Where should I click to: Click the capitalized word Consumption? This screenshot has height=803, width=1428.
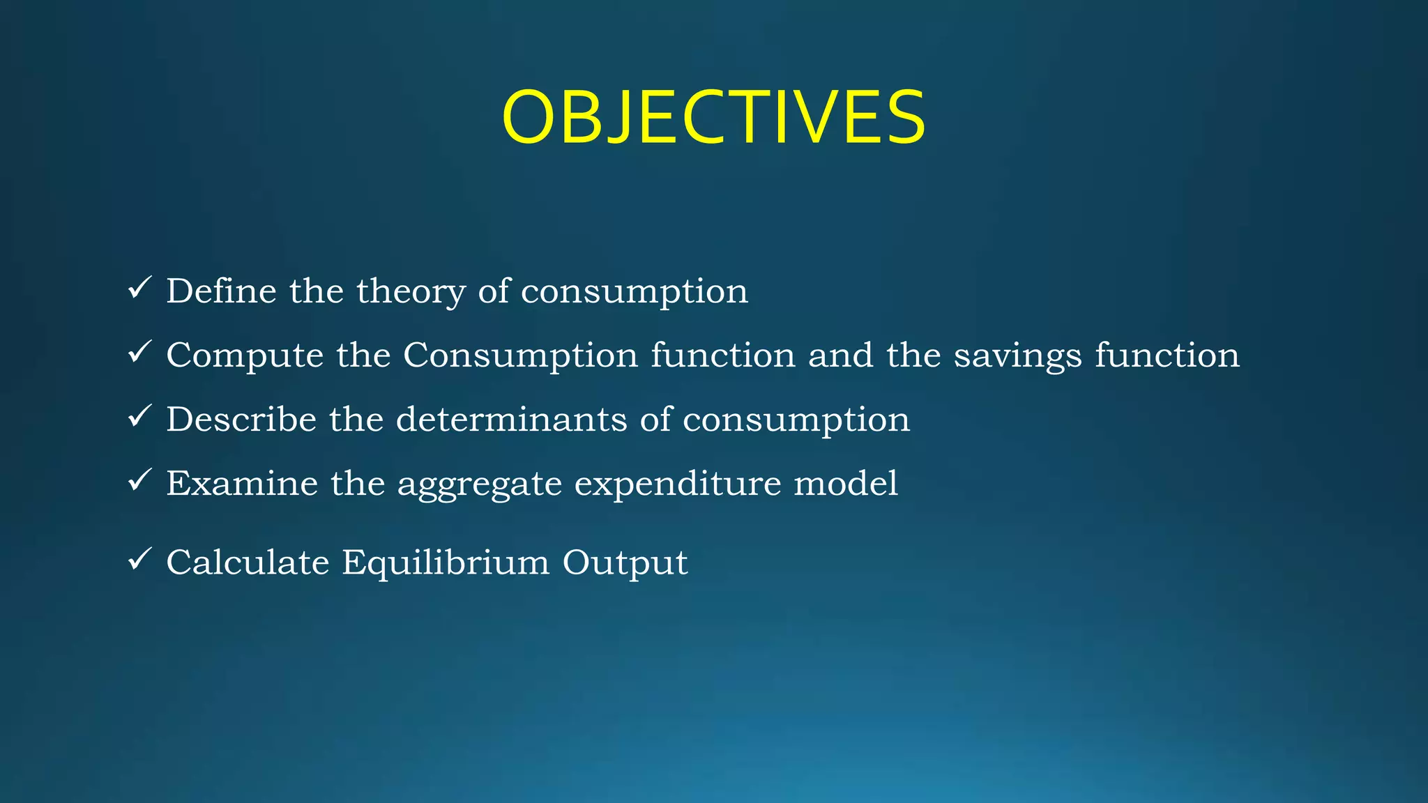click(520, 355)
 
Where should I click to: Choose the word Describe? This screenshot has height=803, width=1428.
click(241, 419)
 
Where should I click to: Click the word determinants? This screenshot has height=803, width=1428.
click(511, 419)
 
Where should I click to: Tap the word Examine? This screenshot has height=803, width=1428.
click(242, 483)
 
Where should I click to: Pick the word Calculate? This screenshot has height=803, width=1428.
click(248, 562)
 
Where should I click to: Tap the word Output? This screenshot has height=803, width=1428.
click(625, 563)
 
